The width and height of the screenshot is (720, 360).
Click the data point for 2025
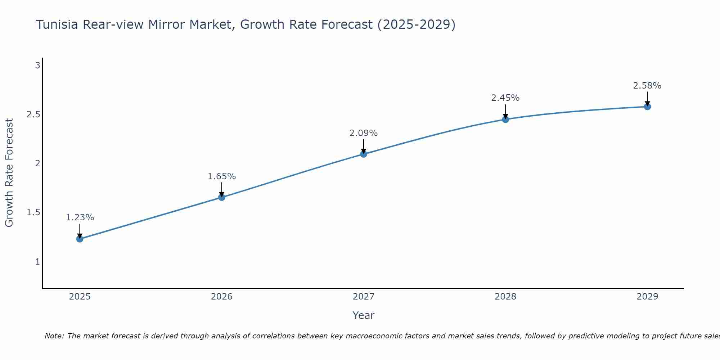click(x=80, y=239)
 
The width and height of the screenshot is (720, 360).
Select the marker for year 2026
click(x=221, y=197)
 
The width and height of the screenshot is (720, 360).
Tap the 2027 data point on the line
click(x=364, y=154)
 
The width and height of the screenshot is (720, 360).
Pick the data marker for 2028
click(x=505, y=119)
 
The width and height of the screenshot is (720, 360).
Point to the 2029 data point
click(x=647, y=107)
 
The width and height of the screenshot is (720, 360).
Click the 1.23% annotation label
click(x=80, y=217)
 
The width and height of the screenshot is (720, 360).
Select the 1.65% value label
click(x=221, y=176)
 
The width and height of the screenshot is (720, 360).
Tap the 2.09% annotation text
click(x=364, y=133)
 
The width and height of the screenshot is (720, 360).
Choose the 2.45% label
click(x=505, y=98)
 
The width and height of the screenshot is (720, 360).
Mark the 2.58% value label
click(x=647, y=86)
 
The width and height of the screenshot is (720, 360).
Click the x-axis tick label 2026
click(x=221, y=297)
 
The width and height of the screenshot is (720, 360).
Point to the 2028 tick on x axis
click(x=505, y=297)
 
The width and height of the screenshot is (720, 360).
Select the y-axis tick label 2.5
click(x=33, y=114)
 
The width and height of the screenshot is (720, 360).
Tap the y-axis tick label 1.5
click(x=33, y=212)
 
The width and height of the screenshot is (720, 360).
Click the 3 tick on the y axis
click(x=37, y=66)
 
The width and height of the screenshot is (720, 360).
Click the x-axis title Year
click(x=364, y=315)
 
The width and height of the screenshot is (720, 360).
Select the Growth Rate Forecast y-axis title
click(x=9, y=173)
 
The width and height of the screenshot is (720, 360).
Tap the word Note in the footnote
click(x=54, y=336)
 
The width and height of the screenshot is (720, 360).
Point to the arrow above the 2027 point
click(x=364, y=146)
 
